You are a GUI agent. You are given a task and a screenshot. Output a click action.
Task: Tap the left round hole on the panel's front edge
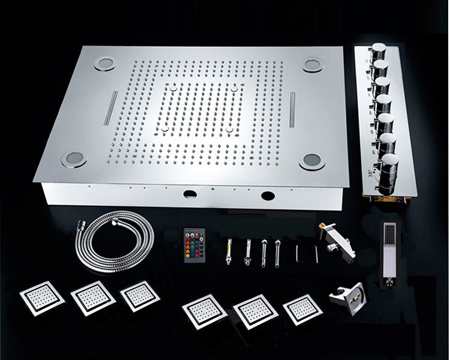click(x=190, y=194)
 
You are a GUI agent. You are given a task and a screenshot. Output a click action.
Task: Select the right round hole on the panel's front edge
click(x=266, y=194)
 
